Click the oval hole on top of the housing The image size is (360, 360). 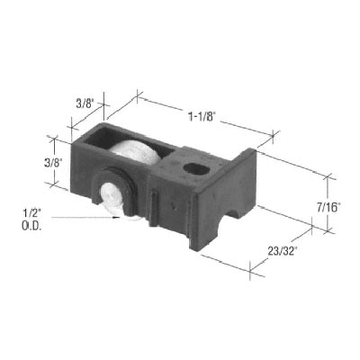(x=193, y=167)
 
